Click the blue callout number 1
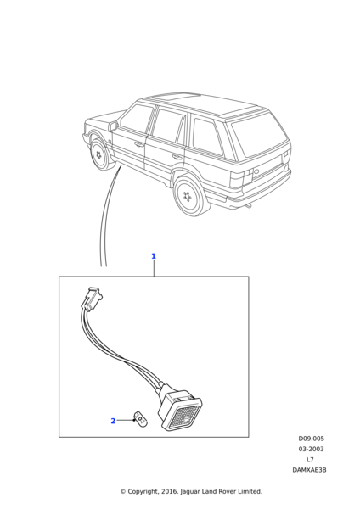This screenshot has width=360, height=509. point(154,256)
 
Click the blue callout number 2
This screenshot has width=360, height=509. point(113,421)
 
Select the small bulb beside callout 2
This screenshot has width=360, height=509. point(139,417)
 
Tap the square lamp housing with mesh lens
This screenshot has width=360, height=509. point(180,411)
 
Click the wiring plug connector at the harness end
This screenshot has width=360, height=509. point(92,299)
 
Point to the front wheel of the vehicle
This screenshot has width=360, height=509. point(99,154)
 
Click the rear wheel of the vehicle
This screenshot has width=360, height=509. point(190,196)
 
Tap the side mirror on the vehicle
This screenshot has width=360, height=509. point(113,126)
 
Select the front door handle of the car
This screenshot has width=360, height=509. point(139,144)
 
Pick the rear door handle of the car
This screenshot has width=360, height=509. point(177,157)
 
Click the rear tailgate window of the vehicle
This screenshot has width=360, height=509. point(261,133)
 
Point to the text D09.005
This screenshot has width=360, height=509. point(312,439)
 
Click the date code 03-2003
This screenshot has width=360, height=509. point(312,449)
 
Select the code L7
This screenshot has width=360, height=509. point(310,459)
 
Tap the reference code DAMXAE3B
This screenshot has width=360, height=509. point(309,470)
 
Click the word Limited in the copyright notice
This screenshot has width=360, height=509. point(250,491)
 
